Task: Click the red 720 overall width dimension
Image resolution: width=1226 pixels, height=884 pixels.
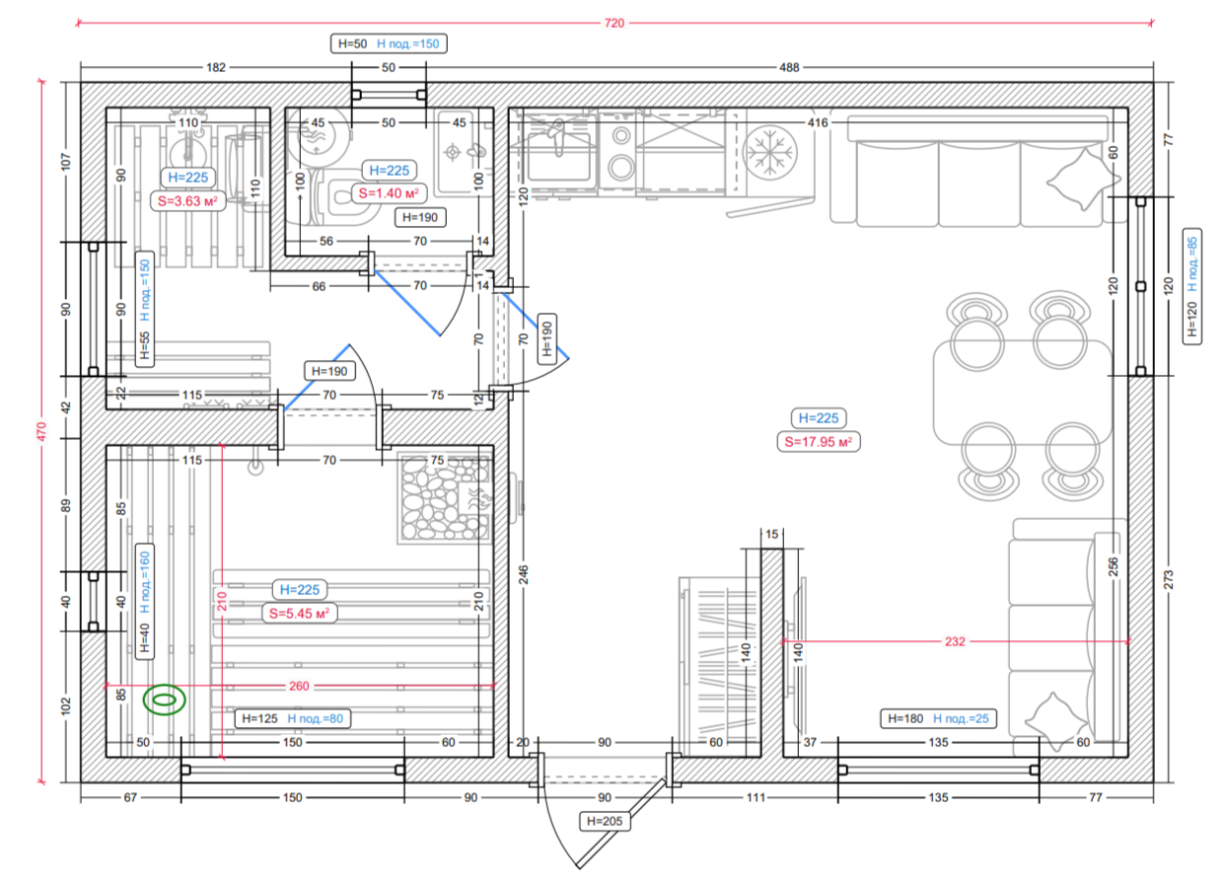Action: pos(614,23)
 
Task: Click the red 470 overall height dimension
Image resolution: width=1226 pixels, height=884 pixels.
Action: pos(41,432)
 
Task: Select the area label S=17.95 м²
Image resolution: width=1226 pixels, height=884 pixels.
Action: pos(819,442)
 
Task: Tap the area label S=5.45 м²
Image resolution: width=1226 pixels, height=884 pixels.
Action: pos(300,613)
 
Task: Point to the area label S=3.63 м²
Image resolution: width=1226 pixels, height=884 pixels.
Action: pos(187,201)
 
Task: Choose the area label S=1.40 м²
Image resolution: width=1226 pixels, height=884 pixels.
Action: pos(389,193)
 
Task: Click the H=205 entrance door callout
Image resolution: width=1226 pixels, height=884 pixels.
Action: pos(605,821)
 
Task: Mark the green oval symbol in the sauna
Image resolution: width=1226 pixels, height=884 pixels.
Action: pos(164,700)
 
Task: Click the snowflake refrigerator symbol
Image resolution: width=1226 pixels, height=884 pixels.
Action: pos(770,152)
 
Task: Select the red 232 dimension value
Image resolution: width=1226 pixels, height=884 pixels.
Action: pos(955,641)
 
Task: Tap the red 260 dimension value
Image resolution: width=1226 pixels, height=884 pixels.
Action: pos(299,686)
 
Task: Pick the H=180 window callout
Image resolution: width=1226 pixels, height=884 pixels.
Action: pos(938,718)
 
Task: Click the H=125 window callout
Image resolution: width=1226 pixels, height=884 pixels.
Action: pos(293,718)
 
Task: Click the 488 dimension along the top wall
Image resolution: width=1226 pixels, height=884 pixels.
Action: pos(789,67)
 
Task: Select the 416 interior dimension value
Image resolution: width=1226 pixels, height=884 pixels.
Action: pos(818,122)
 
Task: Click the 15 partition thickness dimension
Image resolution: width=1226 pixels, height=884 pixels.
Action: pos(771,534)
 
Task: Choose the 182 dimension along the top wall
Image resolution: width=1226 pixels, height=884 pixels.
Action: pos(216,67)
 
